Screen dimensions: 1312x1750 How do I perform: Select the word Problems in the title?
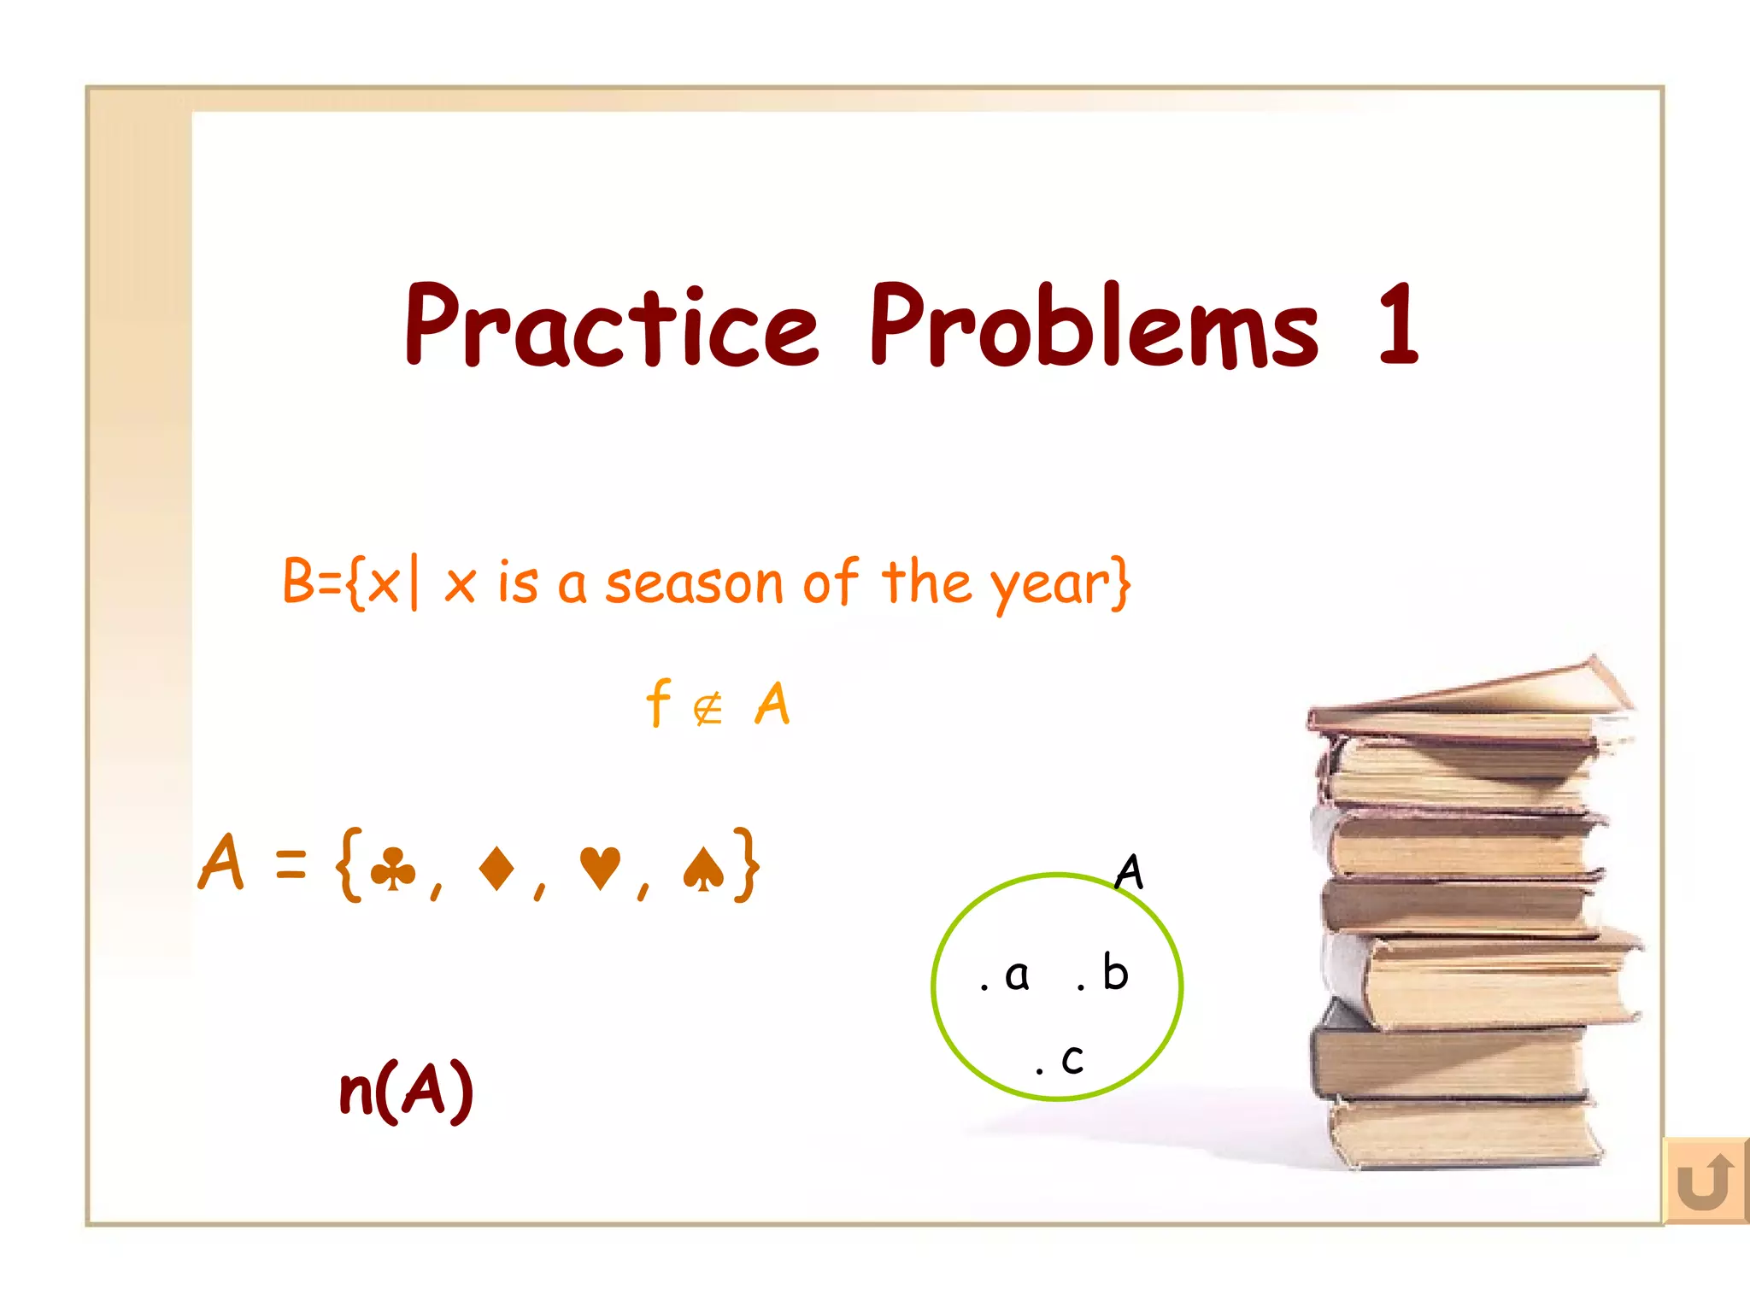click(1094, 327)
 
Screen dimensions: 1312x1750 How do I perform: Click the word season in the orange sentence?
click(694, 584)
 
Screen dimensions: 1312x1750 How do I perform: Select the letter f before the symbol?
click(658, 703)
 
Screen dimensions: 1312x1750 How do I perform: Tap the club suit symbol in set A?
click(393, 869)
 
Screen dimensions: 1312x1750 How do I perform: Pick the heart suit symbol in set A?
click(599, 869)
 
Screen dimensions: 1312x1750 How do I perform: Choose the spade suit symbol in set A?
click(703, 869)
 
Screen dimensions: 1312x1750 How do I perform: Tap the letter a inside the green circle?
click(1017, 975)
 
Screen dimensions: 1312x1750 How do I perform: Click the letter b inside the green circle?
click(1115, 972)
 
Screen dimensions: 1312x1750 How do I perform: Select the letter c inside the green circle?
click(1072, 1060)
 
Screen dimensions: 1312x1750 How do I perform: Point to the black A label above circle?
click(1129, 872)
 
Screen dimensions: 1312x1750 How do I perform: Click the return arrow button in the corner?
click(1705, 1181)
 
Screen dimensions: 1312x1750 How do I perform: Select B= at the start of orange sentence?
click(313, 582)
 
